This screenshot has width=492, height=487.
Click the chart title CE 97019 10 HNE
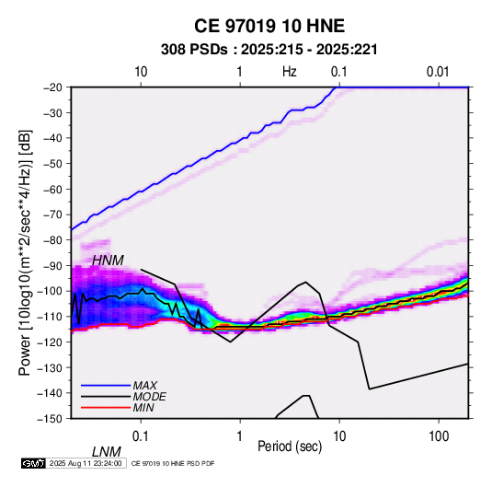pyautogui.click(x=269, y=26)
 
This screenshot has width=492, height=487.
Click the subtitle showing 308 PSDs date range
pyautogui.click(x=269, y=50)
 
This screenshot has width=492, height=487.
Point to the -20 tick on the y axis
pyautogui.click(x=52, y=87)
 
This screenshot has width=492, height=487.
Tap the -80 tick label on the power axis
pyautogui.click(x=52, y=240)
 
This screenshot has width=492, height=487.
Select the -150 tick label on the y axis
pyautogui.click(x=50, y=419)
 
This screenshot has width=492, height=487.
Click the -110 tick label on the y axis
pyautogui.click(x=50, y=317)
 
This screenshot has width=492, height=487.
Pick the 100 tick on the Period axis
pyautogui.click(x=439, y=436)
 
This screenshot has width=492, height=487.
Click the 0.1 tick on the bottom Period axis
pyautogui.click(x=141, y=436)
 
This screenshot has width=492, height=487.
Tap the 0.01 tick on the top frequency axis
pyautogui.click(x=438, y=72)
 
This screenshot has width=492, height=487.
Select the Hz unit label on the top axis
pyautogui.click(x=290, y=72)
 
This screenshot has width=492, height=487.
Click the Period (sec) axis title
pyautogui.click(x=290, y=446)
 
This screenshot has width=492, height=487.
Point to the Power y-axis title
pyautogui.click(x=25, y=252)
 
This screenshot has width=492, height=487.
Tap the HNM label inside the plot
pyautogui.click(x=108, y=261)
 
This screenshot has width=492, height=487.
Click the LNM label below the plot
pyautogui.click(x=107, y=452)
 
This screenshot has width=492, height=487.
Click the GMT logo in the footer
pyautogui.click(x=33, y=463)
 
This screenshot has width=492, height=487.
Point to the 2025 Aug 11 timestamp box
pyautogui.click(x=86, y=463)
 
